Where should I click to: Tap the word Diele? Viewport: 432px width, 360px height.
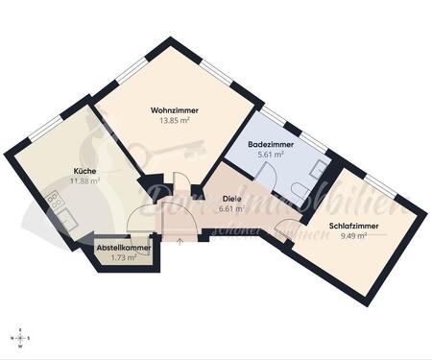point(230,198)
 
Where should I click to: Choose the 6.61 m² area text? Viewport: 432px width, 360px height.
point(230,207)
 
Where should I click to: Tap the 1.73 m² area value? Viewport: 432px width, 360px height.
point(123,258)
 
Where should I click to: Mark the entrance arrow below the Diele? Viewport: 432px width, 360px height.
point(180,237)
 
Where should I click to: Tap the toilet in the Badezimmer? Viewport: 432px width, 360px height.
point(303,188)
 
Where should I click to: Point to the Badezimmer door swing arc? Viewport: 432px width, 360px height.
point(271,179)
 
